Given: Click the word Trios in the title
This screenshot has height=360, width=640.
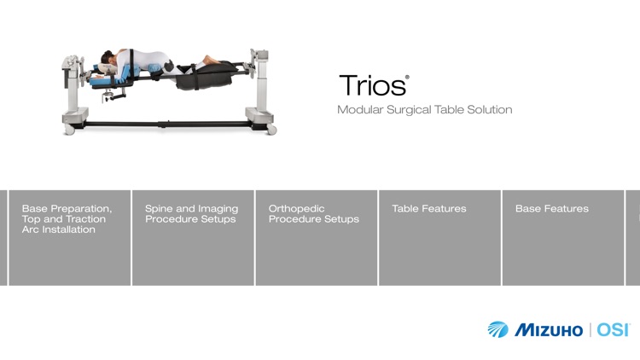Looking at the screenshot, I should [371, 86].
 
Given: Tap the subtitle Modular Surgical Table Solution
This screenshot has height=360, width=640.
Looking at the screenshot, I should [424, 110].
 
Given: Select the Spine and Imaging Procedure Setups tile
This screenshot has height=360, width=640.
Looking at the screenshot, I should [193, 237].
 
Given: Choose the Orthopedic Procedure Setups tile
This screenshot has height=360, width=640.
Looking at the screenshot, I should [317, 237].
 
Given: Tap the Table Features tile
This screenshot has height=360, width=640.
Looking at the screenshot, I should [439, 237].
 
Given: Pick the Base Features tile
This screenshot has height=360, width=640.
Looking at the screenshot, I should [563, 237].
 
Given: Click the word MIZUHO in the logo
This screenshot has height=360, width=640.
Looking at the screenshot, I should [548, 329].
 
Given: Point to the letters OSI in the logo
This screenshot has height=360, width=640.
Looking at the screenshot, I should [612, 329].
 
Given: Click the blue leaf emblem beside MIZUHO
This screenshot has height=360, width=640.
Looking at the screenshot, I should [497, 329].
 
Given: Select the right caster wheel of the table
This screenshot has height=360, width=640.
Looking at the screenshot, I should [272, 130].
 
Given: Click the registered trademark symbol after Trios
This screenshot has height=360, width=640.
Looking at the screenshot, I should [407, 78].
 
